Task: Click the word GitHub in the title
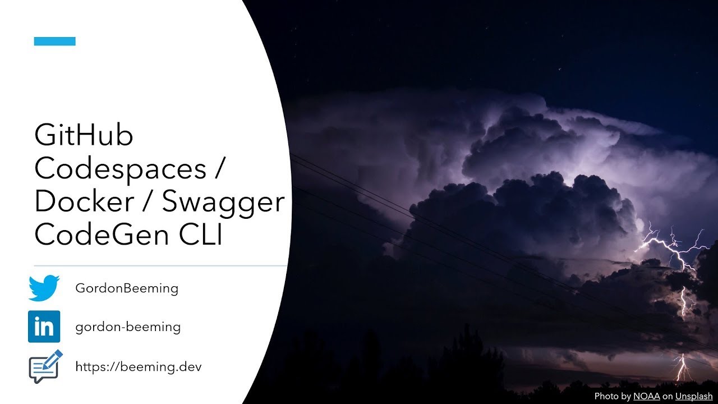(x=84, y=136)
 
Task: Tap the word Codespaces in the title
(x=120, y=169)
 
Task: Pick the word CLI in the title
(x=201, y=235)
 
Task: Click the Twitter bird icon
(x=44, y=288)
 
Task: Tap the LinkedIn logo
(x=44, y=327)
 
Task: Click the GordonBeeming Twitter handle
(x=127, y=289)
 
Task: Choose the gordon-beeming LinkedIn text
(x=128, y=327)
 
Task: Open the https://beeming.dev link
(x=139, y=367)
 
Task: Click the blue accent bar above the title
(x=54, y=41)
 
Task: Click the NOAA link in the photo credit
(x=647, y=396)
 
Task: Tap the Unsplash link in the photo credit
(x=693, y=396)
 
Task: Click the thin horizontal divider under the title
(x=161, y=266)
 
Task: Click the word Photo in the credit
(x=606, y=396)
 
